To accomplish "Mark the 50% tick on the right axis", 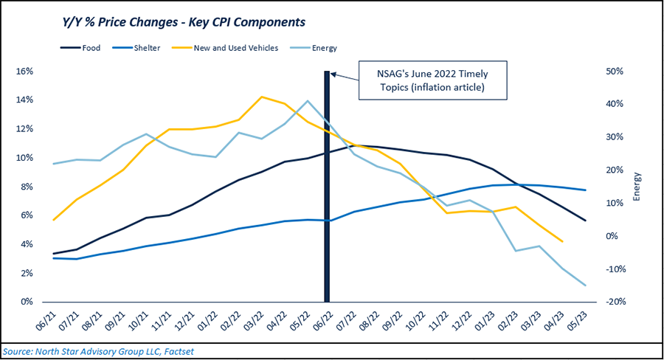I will pyautogui.click(x=615, y=72).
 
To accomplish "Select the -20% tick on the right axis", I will pyautogui.click(x=615, y=302).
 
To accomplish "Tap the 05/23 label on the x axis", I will pyautogui.click(x=585, y=319).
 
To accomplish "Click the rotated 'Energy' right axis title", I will pyautogui.click(x=637, y=187).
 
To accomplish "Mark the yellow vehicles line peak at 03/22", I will pyautogui.click(x=261, y=97).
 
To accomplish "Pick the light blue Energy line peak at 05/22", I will pyautogui.click(x=308, y=101).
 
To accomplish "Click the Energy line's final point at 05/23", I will pyautogui.click(x=586, y=285).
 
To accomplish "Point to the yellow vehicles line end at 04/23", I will pyautogui.click(x=563, y=241).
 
